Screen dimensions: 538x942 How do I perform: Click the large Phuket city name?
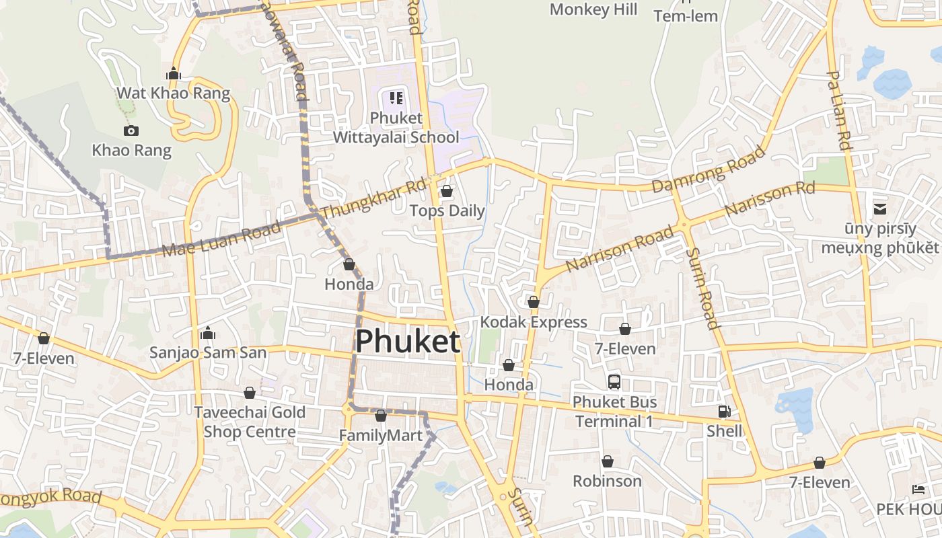click(408, 341)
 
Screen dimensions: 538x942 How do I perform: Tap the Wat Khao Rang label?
click(174, 93)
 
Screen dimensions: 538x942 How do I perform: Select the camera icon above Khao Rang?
click(131, 130)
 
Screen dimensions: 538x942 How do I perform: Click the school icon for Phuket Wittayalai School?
click(396, 98)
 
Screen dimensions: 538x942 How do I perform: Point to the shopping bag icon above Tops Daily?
click(446, 192)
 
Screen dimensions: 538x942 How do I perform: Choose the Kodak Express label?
click(534, 322)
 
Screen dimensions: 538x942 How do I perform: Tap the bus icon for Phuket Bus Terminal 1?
click(614, 382)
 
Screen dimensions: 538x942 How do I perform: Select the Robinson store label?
click(607, 481)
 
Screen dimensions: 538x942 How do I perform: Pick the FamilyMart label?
click(381, 435)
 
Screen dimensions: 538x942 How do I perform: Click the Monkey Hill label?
click(593, 9)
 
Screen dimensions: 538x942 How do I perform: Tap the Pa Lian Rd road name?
click(838, 111)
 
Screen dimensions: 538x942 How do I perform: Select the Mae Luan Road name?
click(221, 239)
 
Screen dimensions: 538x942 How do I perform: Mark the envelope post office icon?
click(879, 209)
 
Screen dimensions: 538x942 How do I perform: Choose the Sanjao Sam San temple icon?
click(208, 334)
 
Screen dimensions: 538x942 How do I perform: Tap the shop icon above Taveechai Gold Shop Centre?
click(250, 393)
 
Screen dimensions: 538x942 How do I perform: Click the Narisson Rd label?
click(770, 199)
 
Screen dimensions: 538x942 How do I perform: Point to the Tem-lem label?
click(686, 16)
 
